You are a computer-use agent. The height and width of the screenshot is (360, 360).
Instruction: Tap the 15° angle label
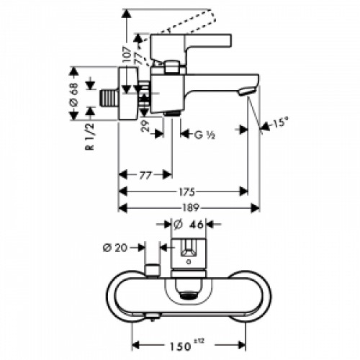[x=281, y=124]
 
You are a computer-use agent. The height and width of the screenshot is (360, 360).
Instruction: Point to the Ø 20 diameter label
[x=115, y=248]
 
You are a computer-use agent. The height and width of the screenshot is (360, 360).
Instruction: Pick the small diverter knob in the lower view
[x=151, y=270]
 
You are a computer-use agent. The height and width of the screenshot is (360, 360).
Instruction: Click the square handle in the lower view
[x=188, y=251]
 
